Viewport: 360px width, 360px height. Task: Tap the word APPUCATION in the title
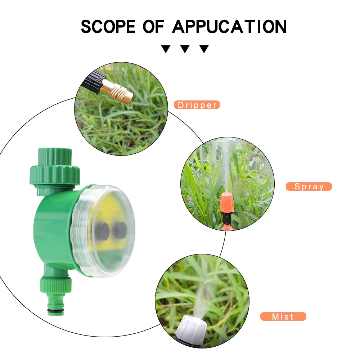coord(229,27)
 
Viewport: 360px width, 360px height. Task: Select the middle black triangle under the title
coord(185,49)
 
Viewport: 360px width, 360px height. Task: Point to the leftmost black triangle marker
coord(166,49)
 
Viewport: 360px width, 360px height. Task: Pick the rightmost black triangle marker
coord(204,49)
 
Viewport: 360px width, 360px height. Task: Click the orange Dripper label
coord(197,105)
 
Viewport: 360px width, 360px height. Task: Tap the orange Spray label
coord(309,186)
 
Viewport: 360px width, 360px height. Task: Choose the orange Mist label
coord(283,317)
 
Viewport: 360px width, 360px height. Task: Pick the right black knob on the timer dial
coord(120,229)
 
